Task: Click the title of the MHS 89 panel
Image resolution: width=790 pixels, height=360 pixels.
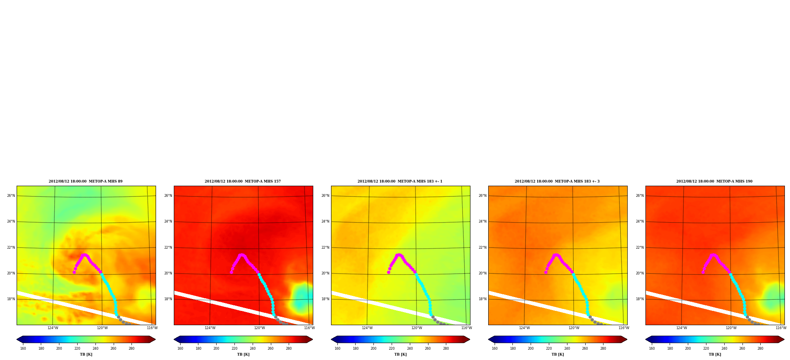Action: [x=86, y=181]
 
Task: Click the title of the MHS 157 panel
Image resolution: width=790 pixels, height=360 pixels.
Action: [x=243, y=181]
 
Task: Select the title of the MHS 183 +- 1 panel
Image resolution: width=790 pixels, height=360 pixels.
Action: [x=400, y=181]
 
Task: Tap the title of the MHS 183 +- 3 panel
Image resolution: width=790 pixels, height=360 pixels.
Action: [x=557, y=181]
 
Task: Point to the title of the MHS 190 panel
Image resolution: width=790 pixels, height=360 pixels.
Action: [x=714, y=181]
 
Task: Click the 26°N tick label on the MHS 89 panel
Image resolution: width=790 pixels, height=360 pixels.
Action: [x=11, y=196]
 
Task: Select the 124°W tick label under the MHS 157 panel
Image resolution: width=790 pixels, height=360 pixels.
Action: [x=210, y=328]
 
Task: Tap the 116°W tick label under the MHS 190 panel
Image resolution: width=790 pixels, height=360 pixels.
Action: [x=781, y=328]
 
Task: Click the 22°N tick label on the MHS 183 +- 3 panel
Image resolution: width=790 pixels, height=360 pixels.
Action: [x=483, y=248]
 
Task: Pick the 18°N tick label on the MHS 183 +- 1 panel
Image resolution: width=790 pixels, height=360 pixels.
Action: [x=326, y=299]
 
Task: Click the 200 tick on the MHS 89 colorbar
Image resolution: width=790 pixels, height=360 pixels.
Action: [x=59, y=349]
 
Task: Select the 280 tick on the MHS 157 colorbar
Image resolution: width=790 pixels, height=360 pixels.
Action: [x=289, y=349]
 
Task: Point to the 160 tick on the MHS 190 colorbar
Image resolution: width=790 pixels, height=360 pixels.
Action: [x=652, y=349]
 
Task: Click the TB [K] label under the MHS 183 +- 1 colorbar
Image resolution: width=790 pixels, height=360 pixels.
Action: [x=400, y=354]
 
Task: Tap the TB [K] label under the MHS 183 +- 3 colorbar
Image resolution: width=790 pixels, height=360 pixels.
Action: [x=558, y=354]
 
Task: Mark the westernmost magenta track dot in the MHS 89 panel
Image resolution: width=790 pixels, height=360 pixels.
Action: [x=74, y=272]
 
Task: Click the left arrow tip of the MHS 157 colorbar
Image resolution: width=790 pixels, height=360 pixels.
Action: [x=174, y=339]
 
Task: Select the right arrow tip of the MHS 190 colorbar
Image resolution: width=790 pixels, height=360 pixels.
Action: [x=784, y=339]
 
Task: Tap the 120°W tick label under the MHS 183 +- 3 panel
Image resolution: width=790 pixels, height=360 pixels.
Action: [x=574, y=328]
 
